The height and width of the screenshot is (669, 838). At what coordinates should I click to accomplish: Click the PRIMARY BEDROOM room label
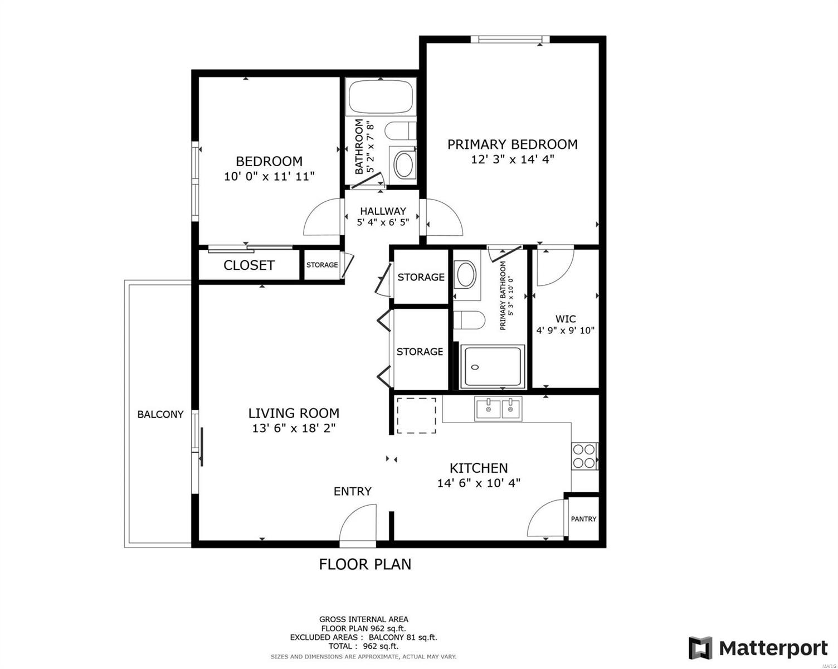pos(512,144)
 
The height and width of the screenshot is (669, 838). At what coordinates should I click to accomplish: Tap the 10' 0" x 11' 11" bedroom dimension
pos(269,177)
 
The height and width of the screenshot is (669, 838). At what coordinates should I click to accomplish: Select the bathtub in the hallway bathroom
pos(381,96)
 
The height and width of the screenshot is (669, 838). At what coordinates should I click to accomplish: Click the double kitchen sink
pos(498,408)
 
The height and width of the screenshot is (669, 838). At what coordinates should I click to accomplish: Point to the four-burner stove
pos(584,456)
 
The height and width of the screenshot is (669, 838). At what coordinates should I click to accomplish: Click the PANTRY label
pos(583,519)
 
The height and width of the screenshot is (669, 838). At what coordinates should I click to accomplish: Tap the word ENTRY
pos(352,491)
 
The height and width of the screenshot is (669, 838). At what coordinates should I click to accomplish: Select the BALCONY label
pos(160,414)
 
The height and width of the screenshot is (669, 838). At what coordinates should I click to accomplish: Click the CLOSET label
pos(249,265)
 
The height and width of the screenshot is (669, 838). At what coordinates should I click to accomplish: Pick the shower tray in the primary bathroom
pos(493,367)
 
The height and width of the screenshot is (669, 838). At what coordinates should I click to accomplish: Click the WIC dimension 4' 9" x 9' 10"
pos(566,331)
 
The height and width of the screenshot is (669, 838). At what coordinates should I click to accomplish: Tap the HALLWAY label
pos(383,211)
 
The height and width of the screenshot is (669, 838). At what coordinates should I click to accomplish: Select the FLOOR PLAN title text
pos(365,565)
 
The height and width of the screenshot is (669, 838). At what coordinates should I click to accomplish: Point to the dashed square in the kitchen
pos(416,415)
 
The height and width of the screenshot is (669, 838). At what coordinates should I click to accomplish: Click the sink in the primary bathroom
pos(466,275)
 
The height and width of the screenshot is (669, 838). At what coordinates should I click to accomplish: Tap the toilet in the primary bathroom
pos(469,320)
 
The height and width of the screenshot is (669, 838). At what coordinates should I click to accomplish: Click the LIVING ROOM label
pos(294,413)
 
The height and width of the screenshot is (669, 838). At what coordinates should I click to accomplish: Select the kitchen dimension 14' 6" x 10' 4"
pos(479,483)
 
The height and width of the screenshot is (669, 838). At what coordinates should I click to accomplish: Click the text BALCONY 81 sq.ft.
pos(403,637)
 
